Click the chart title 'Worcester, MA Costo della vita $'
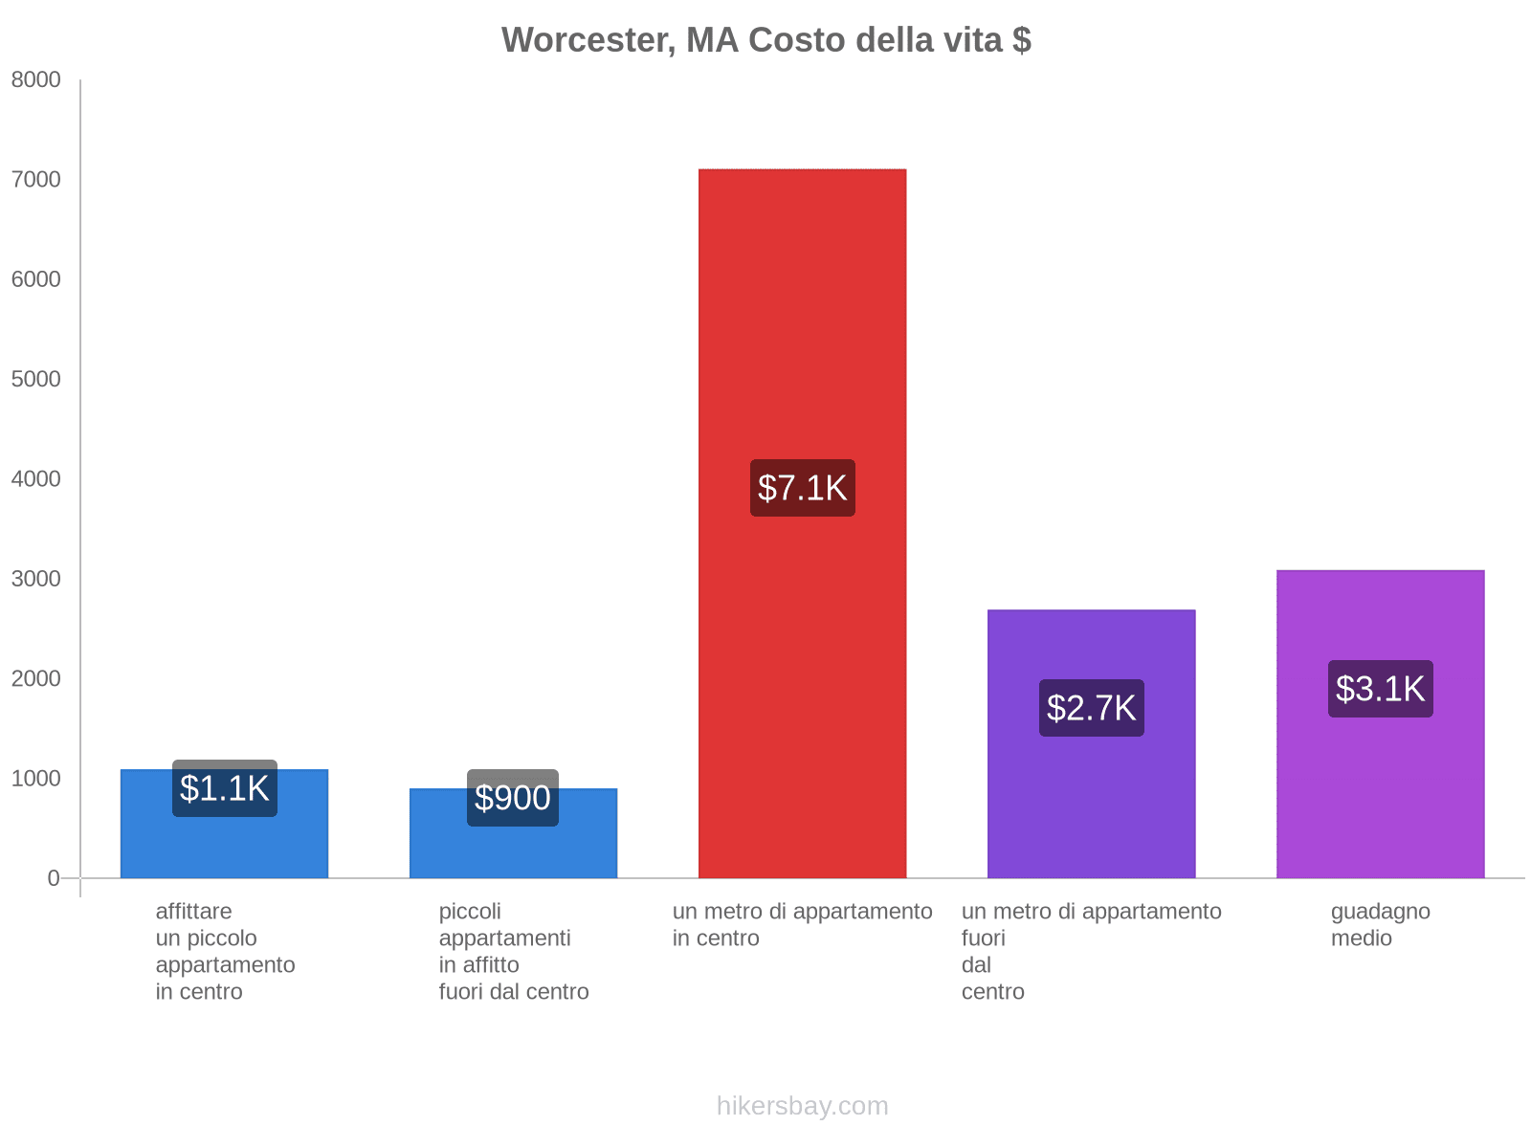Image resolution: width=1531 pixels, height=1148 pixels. pos(765,40)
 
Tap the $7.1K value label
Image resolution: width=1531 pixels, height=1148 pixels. pos(802,488)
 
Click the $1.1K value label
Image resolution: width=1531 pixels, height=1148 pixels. pos(225,788)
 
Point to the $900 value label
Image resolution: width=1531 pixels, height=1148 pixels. pos(513,798)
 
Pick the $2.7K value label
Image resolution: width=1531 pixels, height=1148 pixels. pos(1091,708)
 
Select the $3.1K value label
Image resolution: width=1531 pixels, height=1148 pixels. pos(1380,689)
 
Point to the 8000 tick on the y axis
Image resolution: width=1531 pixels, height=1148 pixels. pos(36,80)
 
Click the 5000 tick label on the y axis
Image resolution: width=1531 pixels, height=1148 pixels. pos(36,380)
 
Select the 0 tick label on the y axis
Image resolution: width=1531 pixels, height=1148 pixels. pos(54,878)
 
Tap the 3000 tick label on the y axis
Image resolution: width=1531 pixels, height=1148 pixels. pos(36,579)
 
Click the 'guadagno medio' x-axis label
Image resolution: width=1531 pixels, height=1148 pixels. pos(1380,924)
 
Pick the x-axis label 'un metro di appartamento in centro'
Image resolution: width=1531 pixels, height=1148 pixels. pos(802,924)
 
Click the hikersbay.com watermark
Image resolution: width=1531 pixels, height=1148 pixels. pos(802,1106)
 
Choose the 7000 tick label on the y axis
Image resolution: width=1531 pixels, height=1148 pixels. pos(36,180)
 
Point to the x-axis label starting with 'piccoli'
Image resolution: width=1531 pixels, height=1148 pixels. pos(513,951)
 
